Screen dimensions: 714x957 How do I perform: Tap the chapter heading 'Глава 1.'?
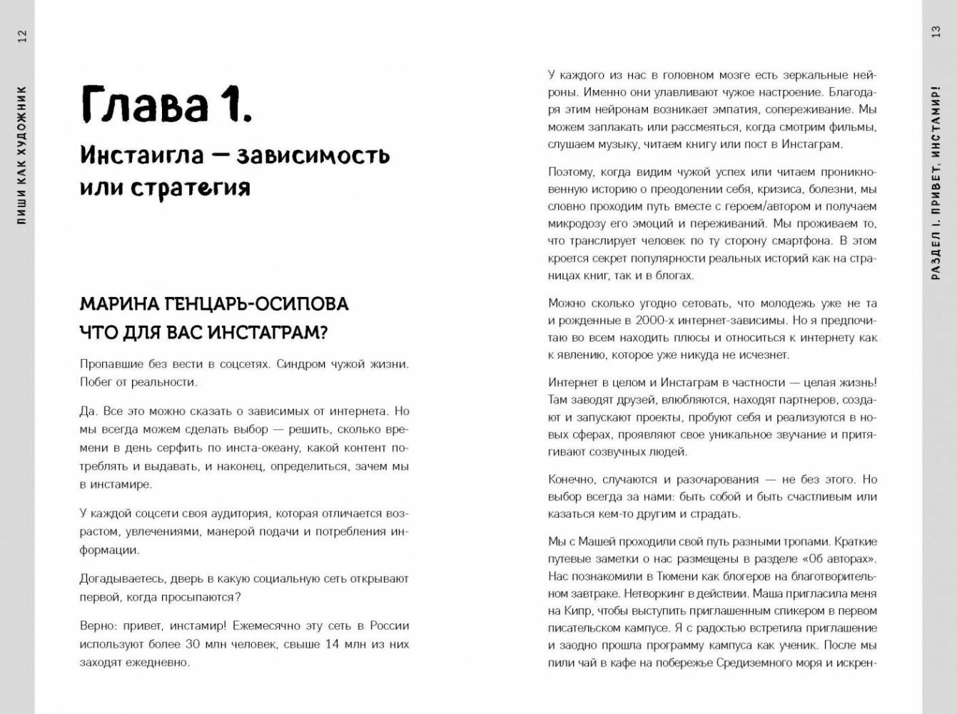[166, 104]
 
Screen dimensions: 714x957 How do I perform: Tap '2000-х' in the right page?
[653, 321]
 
